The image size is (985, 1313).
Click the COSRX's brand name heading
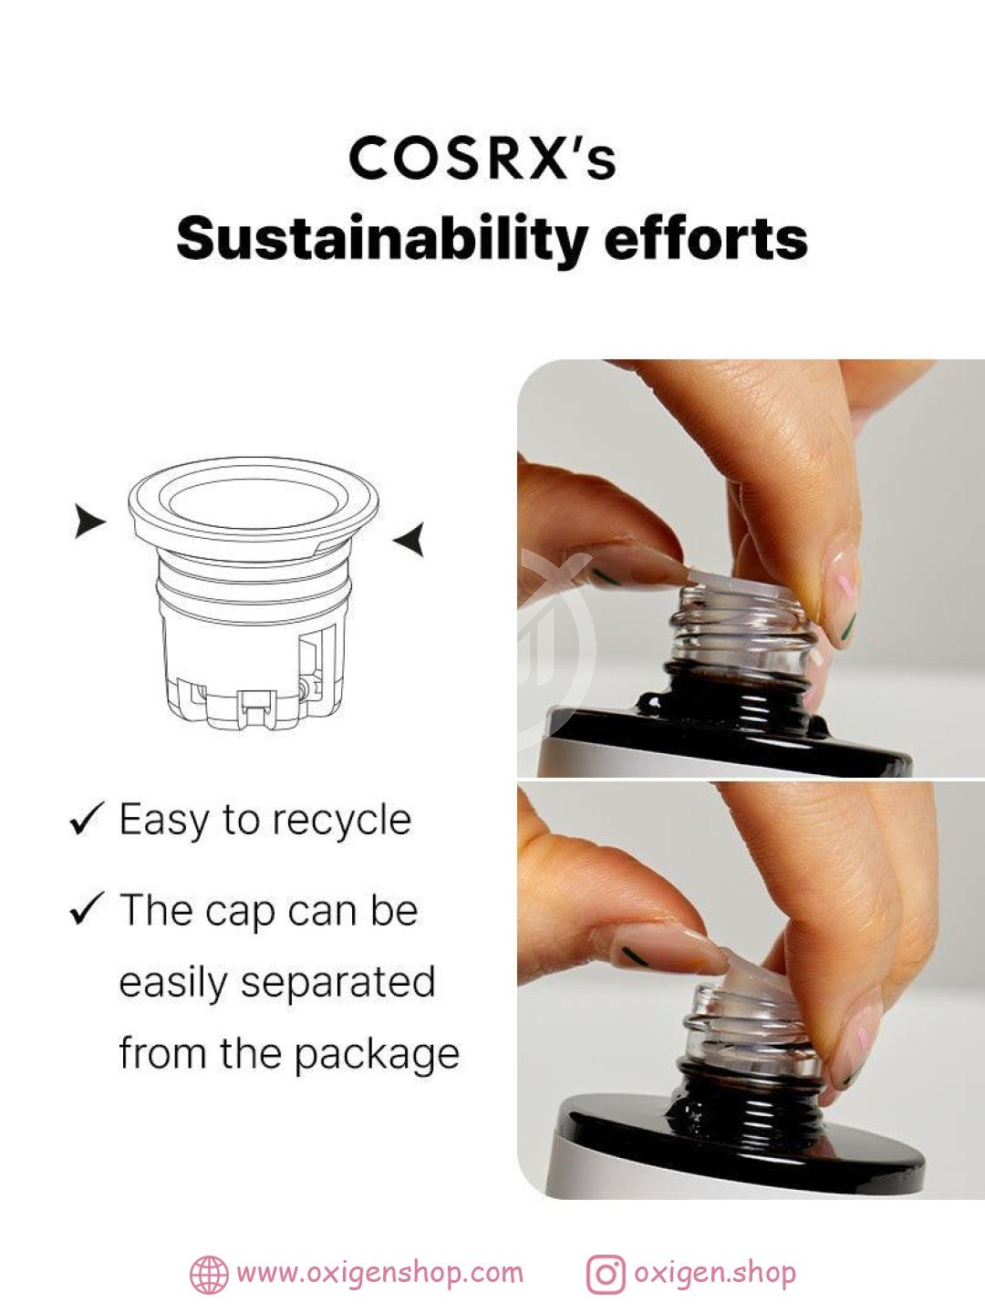[482, 159]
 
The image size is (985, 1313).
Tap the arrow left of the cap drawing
[89, 521]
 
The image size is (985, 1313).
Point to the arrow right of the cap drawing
[410, 539]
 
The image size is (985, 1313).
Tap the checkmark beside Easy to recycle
[88, 819]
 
